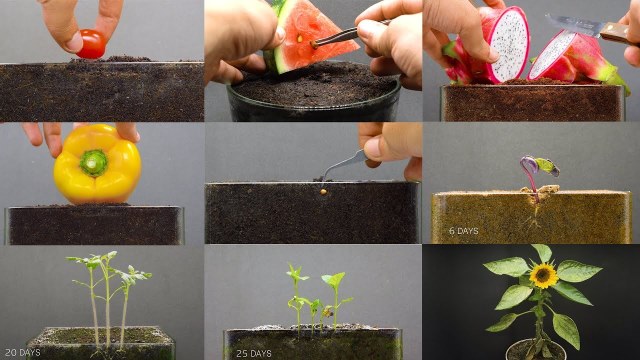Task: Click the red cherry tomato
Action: tap(91, 44)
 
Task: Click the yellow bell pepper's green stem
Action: tap(94, 163)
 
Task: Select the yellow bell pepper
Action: tap(98, 164)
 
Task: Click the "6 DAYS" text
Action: tap(464, 231)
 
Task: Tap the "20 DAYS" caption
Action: tap(22, 352)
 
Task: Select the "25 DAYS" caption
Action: tap(253, 353)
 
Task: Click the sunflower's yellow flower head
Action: tap(543, 276)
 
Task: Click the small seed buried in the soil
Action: tap(323, 191)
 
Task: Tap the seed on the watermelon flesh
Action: tap(300, 39)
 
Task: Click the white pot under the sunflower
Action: tap(531, 351)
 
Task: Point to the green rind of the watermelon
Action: tap(276, 49)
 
